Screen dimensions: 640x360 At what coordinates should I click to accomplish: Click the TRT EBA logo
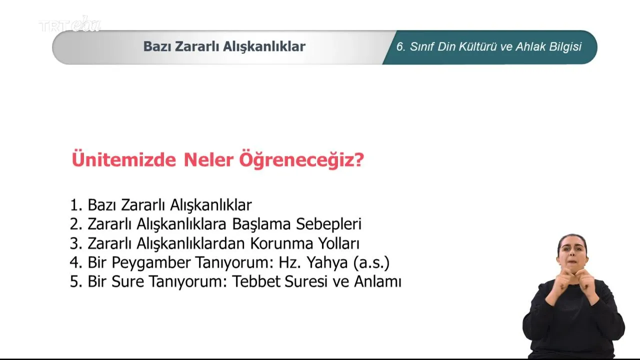click(x=69, y=24)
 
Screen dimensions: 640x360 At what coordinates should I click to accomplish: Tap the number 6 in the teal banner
click(x=399, y=47)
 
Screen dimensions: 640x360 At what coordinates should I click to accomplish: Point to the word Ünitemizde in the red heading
click(x=123, y=159)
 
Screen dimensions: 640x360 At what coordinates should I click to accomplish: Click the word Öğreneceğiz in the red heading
click(x=296, y=160)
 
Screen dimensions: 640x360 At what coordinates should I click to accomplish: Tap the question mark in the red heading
click(x=359, y=159)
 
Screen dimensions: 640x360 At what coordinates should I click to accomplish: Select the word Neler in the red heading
click(x=208, y=159)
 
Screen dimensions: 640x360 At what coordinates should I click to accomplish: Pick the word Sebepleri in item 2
click(x=328, y=224)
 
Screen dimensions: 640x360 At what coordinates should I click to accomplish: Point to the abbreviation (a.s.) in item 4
click(x=371, y=263)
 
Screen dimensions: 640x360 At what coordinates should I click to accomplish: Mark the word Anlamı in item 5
click(x=377, y=281)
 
